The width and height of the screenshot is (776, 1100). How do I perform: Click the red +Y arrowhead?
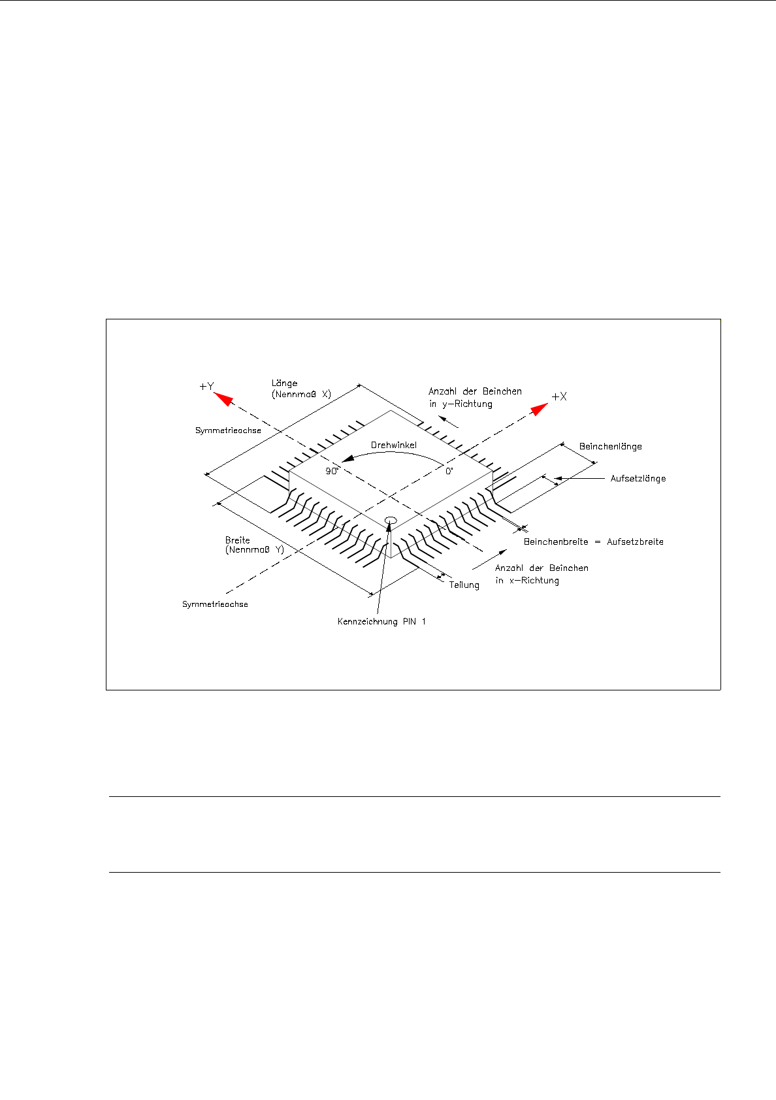pyautogui.click(x=224, y=398)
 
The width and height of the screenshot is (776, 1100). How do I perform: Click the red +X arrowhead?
pyautogui.click(x=539, y=409)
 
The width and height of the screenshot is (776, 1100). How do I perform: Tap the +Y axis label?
pyautogui.click(x=206, y=387)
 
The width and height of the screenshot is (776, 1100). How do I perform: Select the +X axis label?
pyautogui.click(x=559, y=396)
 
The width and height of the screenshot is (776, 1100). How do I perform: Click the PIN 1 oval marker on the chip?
pyautogui.click(x=391, y=520)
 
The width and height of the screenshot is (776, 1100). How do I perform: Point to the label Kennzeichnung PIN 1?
pyautogui.click(x=381, y=621)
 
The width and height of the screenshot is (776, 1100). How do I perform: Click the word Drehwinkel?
pyautogui.click(x=393, y=445)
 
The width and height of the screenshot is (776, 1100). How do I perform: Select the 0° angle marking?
pyautogui.click(x=449, y=471)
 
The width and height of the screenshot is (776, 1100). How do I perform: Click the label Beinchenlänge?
pyautogui.click(x=610, y=447)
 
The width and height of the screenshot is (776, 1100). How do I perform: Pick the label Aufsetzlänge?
pyautogui.click(x=638, y=479)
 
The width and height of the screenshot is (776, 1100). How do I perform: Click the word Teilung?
pyautogui.click(x=464, y=585)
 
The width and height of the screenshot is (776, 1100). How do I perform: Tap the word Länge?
pyautogui.click(x=284, y=383)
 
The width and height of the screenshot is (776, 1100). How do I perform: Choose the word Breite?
pyautogui.click(x=237, y=540)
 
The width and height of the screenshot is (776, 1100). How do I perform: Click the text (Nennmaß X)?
pyautogui.click(x=301, y=395)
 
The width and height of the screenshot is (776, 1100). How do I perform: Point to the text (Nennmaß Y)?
pyautogui.click(x=254, y=550)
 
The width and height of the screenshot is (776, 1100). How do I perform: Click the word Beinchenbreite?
pyautogui.click(x=556, y=542)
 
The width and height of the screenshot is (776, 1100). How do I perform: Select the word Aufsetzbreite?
pyautogui.click(x=635, y=542)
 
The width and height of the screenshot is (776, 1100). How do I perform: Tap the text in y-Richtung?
pyautogui.click(x=461, y=404)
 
